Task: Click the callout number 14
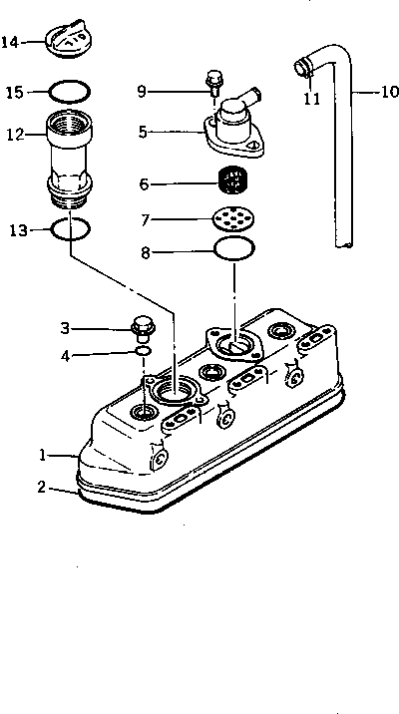tap(10, 42)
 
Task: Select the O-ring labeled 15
tap(70, 92)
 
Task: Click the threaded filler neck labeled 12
tap(70, 160)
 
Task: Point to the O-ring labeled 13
tap(70, 229)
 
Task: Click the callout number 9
tap(142, 91)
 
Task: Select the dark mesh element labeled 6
tap(234, 179)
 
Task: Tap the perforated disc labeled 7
tap(233, 219)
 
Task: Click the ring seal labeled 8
tap(234, 248)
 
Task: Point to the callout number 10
tap(389, 92)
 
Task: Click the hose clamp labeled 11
tap(302, 68)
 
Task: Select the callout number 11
tap(312, 99)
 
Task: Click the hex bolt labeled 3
tap(143, 328)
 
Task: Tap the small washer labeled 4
tap(143, 351)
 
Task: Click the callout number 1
tap(42, 455)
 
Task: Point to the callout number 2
tap(42, 488)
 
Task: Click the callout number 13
tap(19, 230)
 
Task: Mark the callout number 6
tap(144, 183)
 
